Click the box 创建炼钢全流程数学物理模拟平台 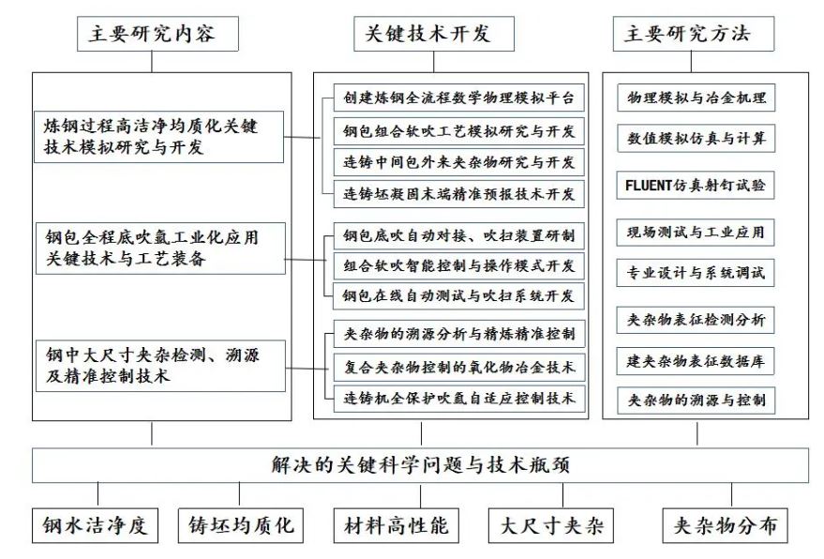coord(459,98)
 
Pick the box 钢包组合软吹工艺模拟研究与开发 coord(459,129)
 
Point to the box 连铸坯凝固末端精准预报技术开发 coord(459,194)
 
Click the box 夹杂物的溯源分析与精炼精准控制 coord(459,333)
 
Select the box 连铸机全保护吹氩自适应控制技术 coord(459,398)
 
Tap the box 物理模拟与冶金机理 coord(696,98)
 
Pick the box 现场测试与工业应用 coord(696,231)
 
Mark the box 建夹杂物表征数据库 coord(696,360)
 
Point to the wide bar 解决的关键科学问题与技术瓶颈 coord(420,465)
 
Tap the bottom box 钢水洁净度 coord(94,525)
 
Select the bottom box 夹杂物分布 coord(725,525)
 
